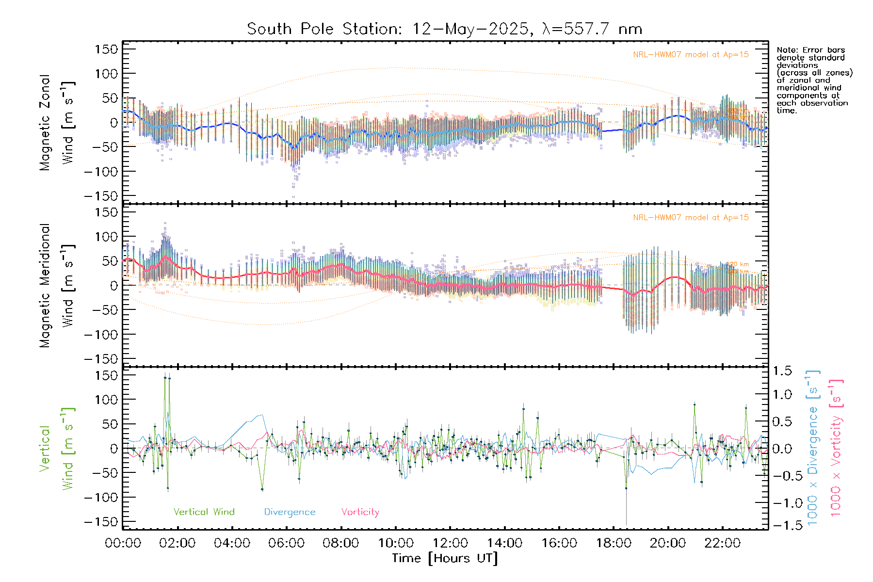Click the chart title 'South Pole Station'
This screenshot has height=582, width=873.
(324, 29)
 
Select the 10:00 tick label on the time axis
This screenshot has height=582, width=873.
(396, 543)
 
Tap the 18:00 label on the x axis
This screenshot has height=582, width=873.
(614, 543)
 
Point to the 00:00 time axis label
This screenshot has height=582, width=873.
(123, 543)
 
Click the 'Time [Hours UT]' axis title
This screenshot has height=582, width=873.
(445, 558)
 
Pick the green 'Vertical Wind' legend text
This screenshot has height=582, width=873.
(204, 512)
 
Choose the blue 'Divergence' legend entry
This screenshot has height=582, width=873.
(290, 512)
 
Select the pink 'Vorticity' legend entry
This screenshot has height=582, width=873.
(360, 512)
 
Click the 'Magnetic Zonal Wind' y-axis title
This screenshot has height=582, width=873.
(57, 123)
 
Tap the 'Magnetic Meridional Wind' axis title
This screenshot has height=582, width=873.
(57, 286)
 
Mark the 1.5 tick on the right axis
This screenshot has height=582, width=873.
(782, 371)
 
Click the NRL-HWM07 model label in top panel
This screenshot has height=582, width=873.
(691, 55)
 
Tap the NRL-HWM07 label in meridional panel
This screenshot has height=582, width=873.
(691, 218)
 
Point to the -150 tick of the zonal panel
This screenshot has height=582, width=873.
(101, 196)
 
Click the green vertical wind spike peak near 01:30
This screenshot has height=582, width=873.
(165, 377)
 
